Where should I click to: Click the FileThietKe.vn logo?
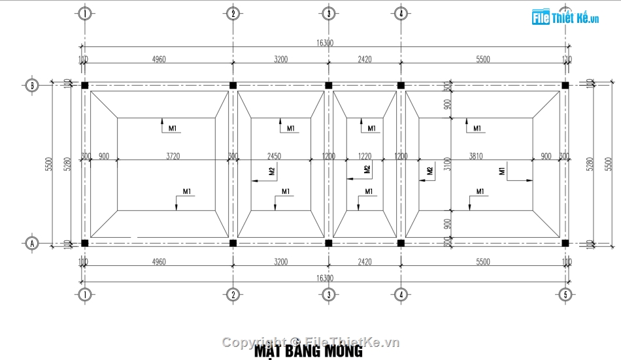coord(566,18)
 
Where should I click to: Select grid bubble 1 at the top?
coord(84,13)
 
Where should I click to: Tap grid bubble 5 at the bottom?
coord(566,295)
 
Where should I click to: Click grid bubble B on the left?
coord(31,85)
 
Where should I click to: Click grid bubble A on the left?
coord(31,243)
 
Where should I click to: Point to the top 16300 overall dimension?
coord(325,42)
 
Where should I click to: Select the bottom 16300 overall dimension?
coord(325,278)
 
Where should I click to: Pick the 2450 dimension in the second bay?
coord(274,156)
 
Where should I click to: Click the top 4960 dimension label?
coord(158,59)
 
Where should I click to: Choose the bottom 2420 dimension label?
coord(365,262)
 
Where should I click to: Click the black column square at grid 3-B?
coord(329,86)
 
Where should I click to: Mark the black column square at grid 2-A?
coord(233,243)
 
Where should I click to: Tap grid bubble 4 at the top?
coord(401,13)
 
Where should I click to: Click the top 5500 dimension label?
coord(482,59)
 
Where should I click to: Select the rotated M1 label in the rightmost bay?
coord(502,171)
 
